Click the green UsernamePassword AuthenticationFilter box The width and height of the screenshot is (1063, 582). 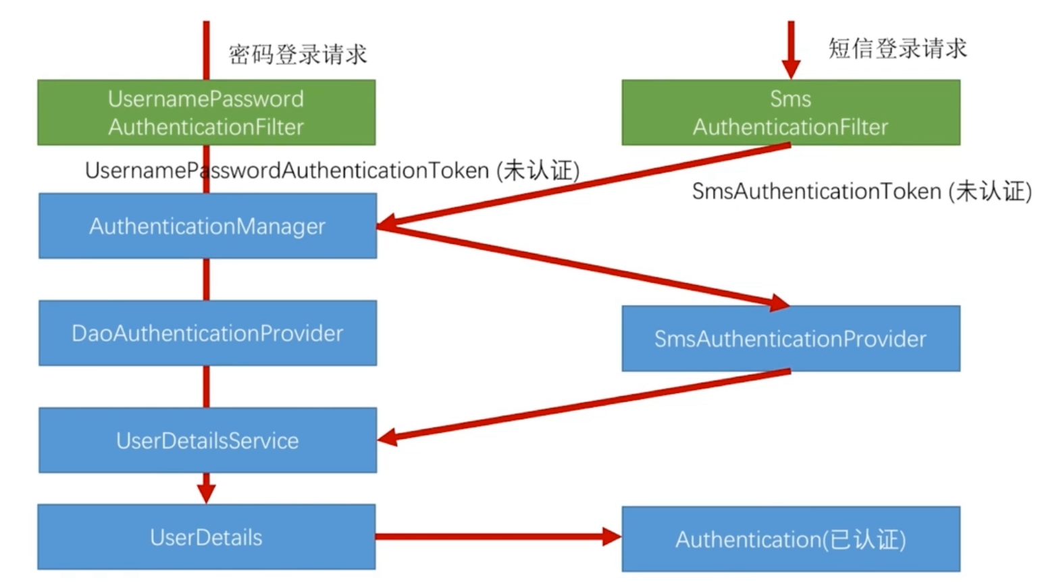[x=206, y=112]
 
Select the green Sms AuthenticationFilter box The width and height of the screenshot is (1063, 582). [x=790, y=112]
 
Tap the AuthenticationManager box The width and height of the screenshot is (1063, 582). [x=207, y=226]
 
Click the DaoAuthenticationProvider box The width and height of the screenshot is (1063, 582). [x=207, y=333]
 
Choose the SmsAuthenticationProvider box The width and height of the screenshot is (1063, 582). [x=790, y=338]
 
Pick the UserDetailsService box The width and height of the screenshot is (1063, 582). [x=207, y=440]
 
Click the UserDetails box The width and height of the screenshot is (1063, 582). [x=206, y=537]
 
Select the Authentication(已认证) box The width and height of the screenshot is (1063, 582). [x=790, y=539]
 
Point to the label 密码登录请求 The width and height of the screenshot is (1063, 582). [x=298, y=54]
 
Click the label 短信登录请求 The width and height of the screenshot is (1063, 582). [x=898, y=49]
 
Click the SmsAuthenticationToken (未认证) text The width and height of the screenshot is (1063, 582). [x=862, y=191]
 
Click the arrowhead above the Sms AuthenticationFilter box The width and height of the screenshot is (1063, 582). [x=791, y=69]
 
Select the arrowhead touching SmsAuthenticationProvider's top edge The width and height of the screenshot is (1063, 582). [x=780, y=302]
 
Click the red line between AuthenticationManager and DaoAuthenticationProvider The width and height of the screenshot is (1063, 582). [x=206, y=279]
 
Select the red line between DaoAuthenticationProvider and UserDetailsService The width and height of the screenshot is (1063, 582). [x=206, y=386]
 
